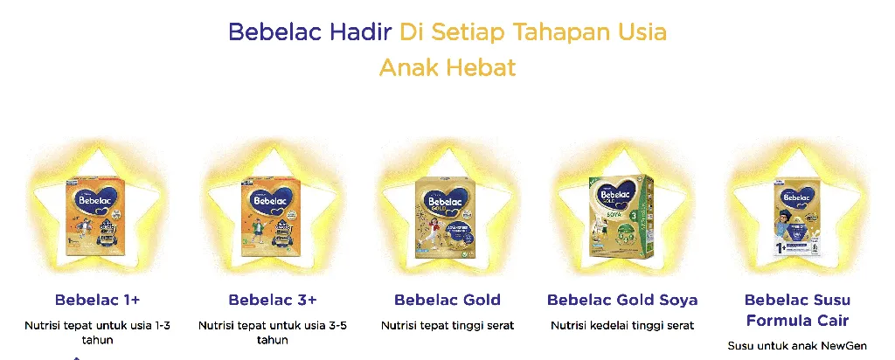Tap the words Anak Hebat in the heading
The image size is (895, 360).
(447, 67)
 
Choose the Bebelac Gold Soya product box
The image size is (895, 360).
(622, 215)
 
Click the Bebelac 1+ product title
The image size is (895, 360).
(98, 301)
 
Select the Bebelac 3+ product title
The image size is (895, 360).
(273, 301)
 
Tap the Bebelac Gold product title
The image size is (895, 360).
(447, 301)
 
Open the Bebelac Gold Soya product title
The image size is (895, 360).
(622, 301)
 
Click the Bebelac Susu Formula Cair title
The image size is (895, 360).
(797, 310)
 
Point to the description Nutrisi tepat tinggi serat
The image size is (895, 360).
(447, 326)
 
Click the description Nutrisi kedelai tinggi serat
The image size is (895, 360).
(622, 326)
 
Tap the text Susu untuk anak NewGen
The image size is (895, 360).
(797, 346)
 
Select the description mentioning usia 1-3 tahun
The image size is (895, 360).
(98, 332)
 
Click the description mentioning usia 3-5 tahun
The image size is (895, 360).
(273, 332)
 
